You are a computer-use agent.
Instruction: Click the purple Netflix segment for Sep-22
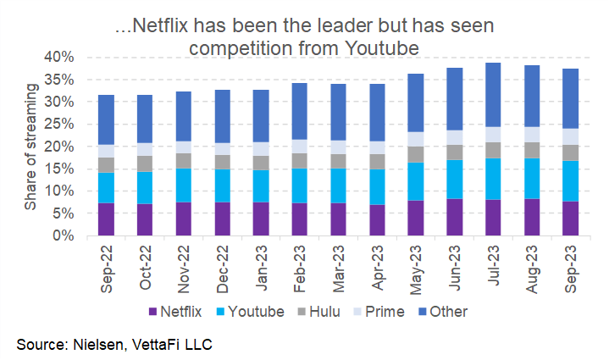(x=106, y=219)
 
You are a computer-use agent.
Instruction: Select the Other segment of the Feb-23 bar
(x=299, y=111)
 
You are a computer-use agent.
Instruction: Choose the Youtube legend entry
(x=254, y=311)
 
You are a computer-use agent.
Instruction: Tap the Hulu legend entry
(x=322, y=311)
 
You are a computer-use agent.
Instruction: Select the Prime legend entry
(x=383, y=311)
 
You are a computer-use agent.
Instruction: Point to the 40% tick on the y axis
(x=64, y=57)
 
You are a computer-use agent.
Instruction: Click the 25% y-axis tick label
(x=64, y=124)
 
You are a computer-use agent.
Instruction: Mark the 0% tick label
(x=68, y=235)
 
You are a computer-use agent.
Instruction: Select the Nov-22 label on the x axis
(x=184, y=267)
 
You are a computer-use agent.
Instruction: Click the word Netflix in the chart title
(x=167, y=26)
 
